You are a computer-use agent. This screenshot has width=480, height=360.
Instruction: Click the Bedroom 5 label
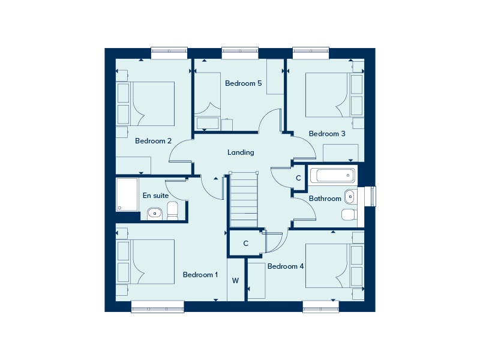(244, 83)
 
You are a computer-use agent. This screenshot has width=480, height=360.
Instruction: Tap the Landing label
(241, 152)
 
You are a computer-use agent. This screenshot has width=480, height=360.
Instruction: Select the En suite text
(155, 196)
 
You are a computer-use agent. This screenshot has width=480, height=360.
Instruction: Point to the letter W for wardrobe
(235, 280)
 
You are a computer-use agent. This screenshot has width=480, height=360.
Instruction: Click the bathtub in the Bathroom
(332, 175)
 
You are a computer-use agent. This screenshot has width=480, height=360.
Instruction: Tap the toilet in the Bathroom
(349, 214)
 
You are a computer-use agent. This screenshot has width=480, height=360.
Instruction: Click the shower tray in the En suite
(127, 194)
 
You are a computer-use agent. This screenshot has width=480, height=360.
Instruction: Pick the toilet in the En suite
(173, 211)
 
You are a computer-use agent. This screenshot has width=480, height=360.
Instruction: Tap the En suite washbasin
(155, 214)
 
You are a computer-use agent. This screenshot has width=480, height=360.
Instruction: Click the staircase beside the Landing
(244, 199)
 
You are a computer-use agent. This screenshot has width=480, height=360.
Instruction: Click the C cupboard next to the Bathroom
(298, 178)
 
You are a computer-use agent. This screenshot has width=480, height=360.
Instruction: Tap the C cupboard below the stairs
(245, 244)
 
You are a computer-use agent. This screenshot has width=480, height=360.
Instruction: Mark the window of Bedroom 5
(240, 53)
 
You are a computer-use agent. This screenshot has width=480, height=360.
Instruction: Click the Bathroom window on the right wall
(372, 196)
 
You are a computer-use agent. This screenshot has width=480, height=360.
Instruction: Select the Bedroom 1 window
(158, 307)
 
